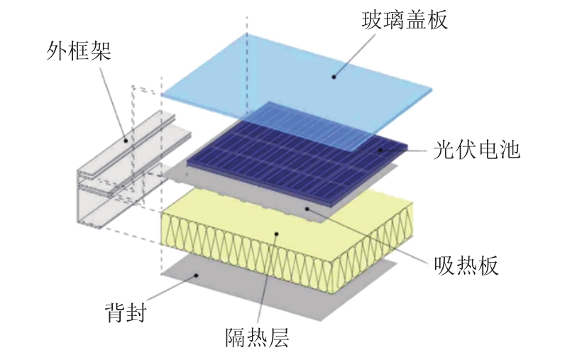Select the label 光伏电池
click(476, 151)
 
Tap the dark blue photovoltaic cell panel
click(284, 160)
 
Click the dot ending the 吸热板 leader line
click(307, 208)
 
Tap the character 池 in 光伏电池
click(510, 151)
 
